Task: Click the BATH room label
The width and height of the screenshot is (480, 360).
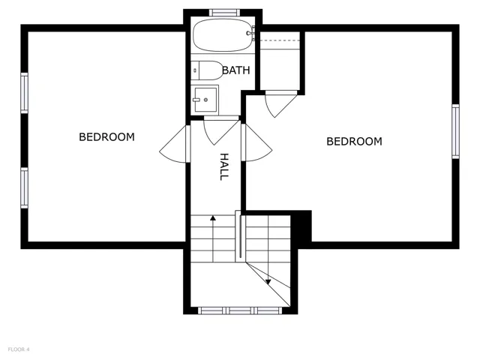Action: [x=236, y=70]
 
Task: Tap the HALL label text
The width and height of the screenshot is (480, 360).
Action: [x=224, y=166]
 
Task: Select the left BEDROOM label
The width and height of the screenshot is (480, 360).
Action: [x=106, y=136]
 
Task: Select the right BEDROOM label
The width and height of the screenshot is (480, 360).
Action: [x=354, y=142]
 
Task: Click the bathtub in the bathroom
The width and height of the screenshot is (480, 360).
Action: [x=223, y=35]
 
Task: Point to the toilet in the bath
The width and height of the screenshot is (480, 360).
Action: [x=207, y=70]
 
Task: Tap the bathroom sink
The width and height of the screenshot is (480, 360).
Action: [x=205, y=99]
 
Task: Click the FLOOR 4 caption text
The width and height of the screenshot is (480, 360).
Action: [x=19, y=349]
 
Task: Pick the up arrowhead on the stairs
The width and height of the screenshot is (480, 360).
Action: [x=213, y=218]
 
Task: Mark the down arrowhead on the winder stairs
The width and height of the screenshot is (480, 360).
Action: [x=268, y=282]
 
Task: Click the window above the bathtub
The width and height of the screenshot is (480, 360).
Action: [x=224, y=12]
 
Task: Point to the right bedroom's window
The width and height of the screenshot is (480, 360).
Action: [x=455, y=131]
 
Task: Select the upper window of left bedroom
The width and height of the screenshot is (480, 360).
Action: [x=24, y=93]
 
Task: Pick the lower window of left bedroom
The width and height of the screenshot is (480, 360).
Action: [x=24, y=187]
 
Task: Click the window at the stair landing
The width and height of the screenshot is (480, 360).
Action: [x=240, y=310]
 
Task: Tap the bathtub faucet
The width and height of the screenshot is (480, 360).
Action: [x=251, y=32]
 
